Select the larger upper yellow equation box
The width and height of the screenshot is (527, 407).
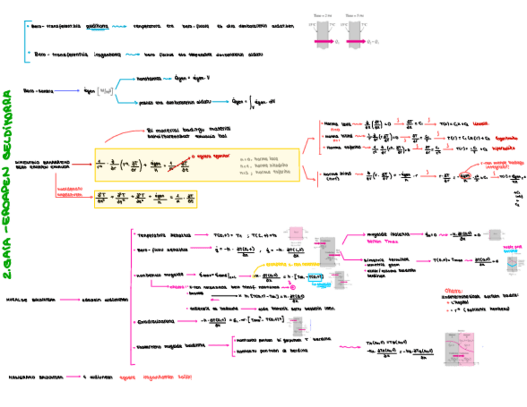coord(196,164)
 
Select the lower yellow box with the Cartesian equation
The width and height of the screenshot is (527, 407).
coord(145,199)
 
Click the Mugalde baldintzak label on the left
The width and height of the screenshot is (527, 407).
coord(30,300)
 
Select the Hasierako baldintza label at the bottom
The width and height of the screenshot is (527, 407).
coord(35,377)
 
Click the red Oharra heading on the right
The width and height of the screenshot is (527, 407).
coord(454,290)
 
